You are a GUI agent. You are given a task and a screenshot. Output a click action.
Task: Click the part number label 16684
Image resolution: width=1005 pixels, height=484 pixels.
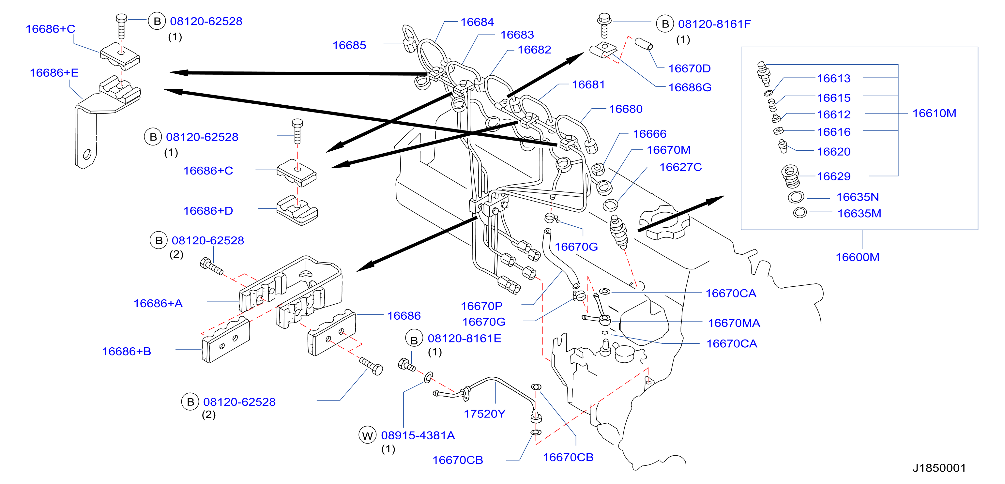coord(477,22)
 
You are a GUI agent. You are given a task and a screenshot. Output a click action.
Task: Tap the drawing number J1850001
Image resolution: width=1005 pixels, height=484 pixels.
coord(939,468)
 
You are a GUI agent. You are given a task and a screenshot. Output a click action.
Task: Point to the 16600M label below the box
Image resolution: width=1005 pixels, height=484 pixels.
coord(857,257)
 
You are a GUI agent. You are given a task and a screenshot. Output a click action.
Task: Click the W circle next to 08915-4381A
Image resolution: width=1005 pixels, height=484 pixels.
coord(367,436)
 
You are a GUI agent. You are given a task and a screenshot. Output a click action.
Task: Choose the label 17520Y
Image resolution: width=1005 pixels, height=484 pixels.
coord(484,414)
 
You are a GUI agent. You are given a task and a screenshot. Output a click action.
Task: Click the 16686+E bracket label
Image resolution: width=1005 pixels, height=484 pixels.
coord(54,73)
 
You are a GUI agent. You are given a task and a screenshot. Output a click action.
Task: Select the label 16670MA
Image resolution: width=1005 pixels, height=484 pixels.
coord(734,323)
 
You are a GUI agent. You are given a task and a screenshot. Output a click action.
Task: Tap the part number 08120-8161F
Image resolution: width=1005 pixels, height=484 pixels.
coord(714,24)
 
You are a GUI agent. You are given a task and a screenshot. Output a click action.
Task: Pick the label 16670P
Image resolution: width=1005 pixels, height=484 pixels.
coord(481,306)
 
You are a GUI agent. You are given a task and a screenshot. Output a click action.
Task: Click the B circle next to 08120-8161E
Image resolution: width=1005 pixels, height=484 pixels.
coord(414,340)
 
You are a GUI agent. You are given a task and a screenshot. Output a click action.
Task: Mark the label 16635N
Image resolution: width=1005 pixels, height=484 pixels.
coord(858,197)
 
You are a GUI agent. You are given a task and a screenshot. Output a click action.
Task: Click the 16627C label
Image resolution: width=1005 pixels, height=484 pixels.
coord(680,167)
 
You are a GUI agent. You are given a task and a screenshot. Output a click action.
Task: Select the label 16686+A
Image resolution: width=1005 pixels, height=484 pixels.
coord(158,303)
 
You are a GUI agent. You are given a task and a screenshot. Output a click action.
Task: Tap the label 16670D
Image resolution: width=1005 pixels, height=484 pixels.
coord(689,68)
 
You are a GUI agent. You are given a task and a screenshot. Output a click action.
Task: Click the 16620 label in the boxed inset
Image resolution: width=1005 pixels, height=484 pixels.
coord(833,152)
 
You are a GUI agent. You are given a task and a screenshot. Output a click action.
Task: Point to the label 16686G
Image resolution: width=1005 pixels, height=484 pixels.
coord(690,88)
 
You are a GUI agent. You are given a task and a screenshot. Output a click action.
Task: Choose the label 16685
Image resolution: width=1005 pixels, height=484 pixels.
coord(349,46)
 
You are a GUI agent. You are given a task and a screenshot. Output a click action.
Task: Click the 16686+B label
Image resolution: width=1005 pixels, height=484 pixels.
coord(127,351)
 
